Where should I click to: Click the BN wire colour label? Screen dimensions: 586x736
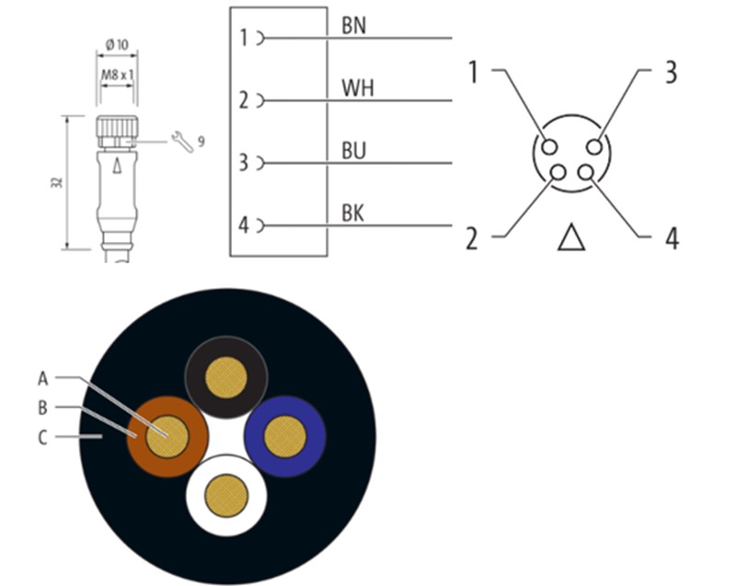(x=353, y=25)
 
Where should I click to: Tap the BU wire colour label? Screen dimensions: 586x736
(x=353, y=152)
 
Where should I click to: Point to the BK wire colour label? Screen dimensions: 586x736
(x=352, y=213)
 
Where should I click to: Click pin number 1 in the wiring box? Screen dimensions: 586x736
(x=244, y=38)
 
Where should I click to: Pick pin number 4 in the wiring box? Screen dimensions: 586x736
(x=244, y=225)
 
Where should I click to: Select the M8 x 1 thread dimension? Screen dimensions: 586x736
(x=117, y=71)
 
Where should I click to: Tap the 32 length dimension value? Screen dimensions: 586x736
(x=56, y=182)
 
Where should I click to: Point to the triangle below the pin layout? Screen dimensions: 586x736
(x=571, y=237)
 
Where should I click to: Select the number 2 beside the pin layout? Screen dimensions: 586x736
(x=472, y=238)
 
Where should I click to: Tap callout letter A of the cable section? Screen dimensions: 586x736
(x=42, y=377)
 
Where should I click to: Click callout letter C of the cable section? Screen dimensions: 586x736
(x=42, y=438)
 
